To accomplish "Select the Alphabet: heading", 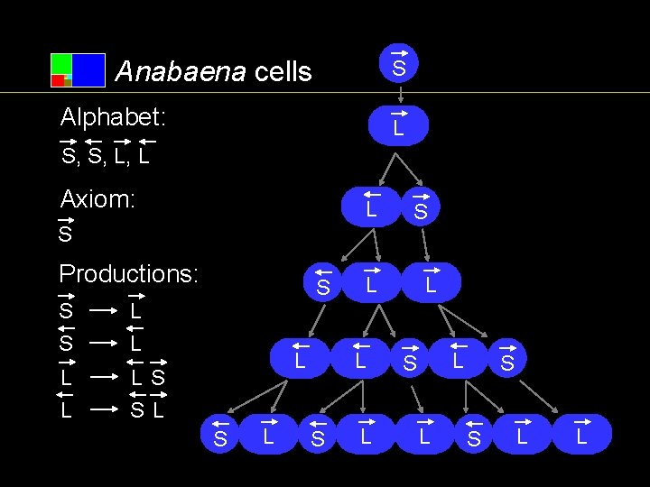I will [x=113, y=117].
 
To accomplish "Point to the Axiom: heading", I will [x=97, y=199].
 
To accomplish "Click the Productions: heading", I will [x=128, y=273].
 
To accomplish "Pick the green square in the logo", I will [x=61, y=63].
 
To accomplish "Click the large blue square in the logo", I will [x=88, y=70].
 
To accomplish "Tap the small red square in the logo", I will [x=57, y=81].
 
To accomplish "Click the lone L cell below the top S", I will [x=398, y=126].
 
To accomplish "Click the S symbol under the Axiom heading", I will [x=64, y=234].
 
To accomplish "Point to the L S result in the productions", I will [x=147, y=376].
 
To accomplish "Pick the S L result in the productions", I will [x=147, y=409].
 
